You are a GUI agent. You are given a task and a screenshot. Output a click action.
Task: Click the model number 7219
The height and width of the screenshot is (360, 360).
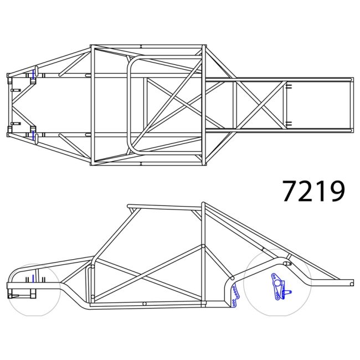[x=313, y=191]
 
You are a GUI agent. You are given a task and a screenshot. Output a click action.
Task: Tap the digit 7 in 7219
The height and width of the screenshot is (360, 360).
[x=290, y=191]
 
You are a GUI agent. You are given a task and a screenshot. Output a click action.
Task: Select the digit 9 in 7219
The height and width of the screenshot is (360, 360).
[x=337, y=191]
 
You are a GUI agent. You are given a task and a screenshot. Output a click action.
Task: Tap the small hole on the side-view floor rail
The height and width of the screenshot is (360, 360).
[x=143, y=304]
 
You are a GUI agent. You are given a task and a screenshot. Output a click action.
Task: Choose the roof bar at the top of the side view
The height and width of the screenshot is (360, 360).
[x=163, y=207]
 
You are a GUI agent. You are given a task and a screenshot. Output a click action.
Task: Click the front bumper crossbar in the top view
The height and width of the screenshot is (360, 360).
[x=9, y=105]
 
